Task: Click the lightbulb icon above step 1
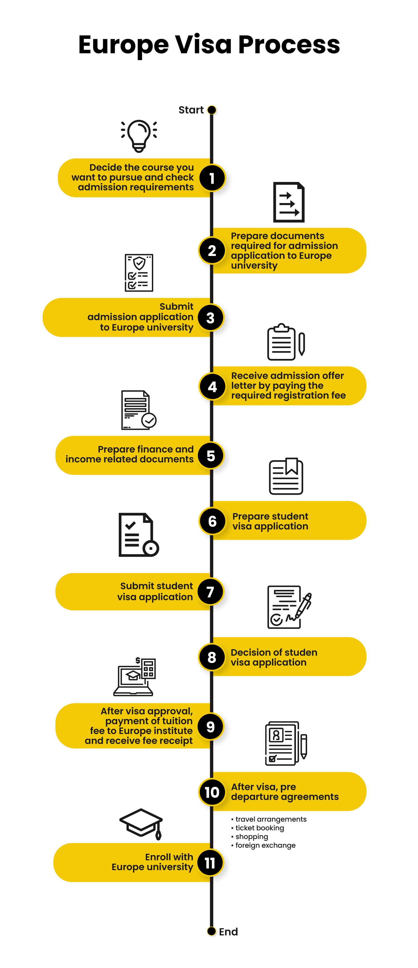point(139,136)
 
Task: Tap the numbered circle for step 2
point(212,251)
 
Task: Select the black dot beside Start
point(212,110)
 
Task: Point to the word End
point(229,932)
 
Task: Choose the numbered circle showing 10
point(212,792)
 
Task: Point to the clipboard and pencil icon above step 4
point(286,342)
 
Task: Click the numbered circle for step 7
point(211,592)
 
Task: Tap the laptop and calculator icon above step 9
point(135,676)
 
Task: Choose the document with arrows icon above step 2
point(289,202)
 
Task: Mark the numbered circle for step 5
point(211,455)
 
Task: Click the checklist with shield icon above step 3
point(139,273)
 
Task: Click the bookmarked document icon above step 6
point(286,476)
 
